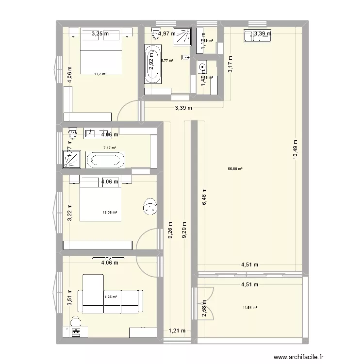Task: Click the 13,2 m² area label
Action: click(x=100, y=74)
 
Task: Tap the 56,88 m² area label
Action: click(x=235, y=169)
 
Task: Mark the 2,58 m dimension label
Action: click(x=205, y=308)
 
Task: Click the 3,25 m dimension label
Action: click(x=100, y=34)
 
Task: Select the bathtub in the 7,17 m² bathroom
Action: click(x=105, y=160)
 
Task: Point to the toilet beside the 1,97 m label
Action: click(x=156, y=34)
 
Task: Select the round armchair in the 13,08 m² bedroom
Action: click(x=150, y=207)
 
